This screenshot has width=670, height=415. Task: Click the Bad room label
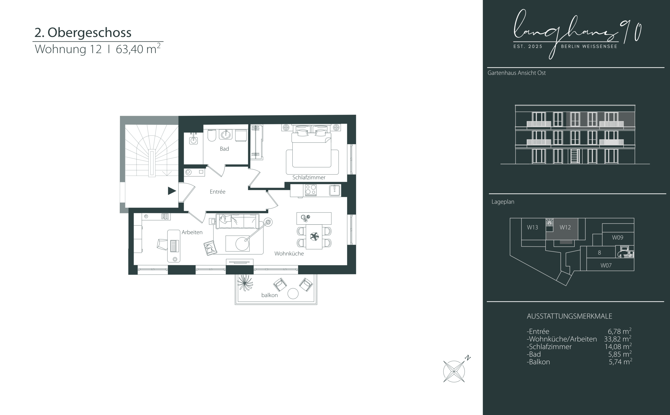[x=224, y=149]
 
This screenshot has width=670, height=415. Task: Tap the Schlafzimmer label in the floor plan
[x=309, y=178]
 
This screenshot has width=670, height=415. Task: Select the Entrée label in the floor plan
[x=217, y=192]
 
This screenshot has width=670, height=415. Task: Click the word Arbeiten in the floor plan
[x=192, y=232]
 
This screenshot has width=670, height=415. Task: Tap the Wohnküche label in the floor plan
[x=289, y=254]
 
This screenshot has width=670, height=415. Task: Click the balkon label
[x=270, y=295]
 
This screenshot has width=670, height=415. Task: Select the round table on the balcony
[x=293, y=294]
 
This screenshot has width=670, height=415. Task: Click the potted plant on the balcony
[x=245, y=283]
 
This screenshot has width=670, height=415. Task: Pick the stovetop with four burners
[x=311, y=190]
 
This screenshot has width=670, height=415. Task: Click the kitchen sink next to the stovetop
[x=335, y=190]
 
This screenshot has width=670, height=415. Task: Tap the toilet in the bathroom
[x=212, y=135]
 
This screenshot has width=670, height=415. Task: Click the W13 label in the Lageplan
[x=532, y=227]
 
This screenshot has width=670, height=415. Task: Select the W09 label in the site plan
[x=617, y=237]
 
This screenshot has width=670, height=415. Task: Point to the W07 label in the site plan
[x=606, y=265]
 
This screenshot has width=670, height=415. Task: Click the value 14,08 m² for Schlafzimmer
[x=618, y=346]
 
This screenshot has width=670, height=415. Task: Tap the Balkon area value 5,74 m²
[x=620, y=362]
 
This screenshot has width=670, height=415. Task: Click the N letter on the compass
[x=468, y=358]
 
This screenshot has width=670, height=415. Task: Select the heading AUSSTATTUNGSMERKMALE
[x=569, y=316]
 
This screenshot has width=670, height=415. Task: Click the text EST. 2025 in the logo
[x=528, y=46]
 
